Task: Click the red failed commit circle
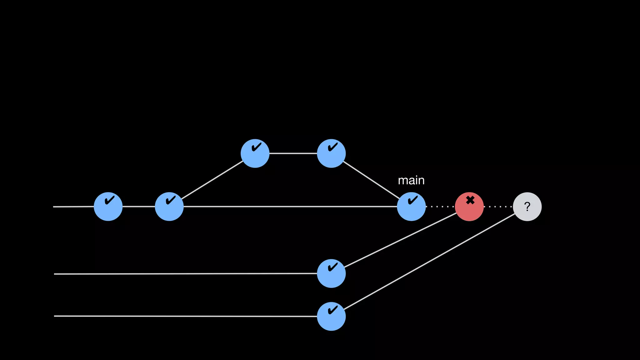pyautogui.click(x=469, y=207)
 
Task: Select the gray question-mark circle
pyautogui.click(x=527, y=207)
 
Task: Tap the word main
pyautogui.click(x=411, y=180)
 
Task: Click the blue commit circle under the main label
pyautogui.click(x=411, y=207)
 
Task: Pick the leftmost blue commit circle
pyautogui.click(x=108, y=207)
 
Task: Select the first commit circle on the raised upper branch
pyautogui.click(x=255, y=153)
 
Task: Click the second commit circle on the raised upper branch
pyautogui.click(x=331, y=153)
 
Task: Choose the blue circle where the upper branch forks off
pyautogui.click(x=169, y=207)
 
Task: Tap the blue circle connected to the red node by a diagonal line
pyautogui.click(x=331, y=273)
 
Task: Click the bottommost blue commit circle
pyautogui.click(x=331, y=316)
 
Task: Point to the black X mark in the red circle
pyautogui.click(x=470, y=200)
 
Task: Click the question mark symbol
pyautogui.click(x=527, y=207)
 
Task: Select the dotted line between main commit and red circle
pyautogui.click(x=440, y=207)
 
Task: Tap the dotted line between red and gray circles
pyautogui.click(x=498, y=207)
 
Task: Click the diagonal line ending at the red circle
pyautogui.click(x=400, y=240)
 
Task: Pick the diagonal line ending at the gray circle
pyautogui.click(x=429, y=262)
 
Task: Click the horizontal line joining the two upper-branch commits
pyautogui.click(x=293, y=153)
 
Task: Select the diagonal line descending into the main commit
pyautogui.click(x=371, y=180)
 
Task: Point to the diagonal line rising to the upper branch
pyautogui.click(x=212, y=180)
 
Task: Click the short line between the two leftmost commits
pyautogui.click(x=139, y=207)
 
